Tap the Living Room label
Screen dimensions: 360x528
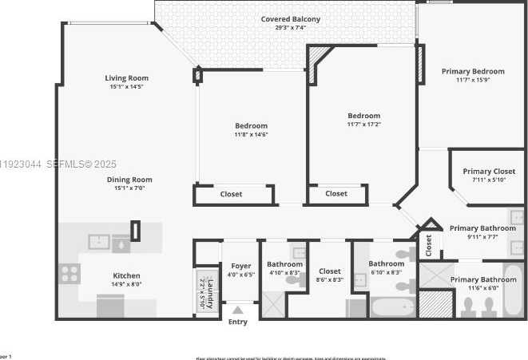pyautogui.click(x=127, y=78)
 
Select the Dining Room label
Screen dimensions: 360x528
pyautogui.click(x=129, y=180)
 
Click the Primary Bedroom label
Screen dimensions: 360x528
pyautogui.click(x=472, y=71)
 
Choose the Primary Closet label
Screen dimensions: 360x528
pyautogui.click(x=488, y=172)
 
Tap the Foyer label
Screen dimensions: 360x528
pyautogui.click(x=240, y=266)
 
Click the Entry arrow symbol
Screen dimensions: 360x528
pyautogui.click(x=237, y=310)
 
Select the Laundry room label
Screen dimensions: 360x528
pyautogui.click(x=210, y=294)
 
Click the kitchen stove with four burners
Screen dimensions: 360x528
pyautogui.click(x=69, y=274)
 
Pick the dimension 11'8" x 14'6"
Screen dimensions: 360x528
pyautogui.click(x=251, y=134)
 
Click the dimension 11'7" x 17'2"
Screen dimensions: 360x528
pyautogui.click(x=363, y=124)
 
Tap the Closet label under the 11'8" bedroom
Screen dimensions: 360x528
pyautogui.click(x=231, y=194)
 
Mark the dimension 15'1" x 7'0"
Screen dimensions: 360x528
pyautogui.click(x=129, y=188)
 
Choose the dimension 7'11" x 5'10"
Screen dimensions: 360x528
pyautogui.click(x=488, y=180)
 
